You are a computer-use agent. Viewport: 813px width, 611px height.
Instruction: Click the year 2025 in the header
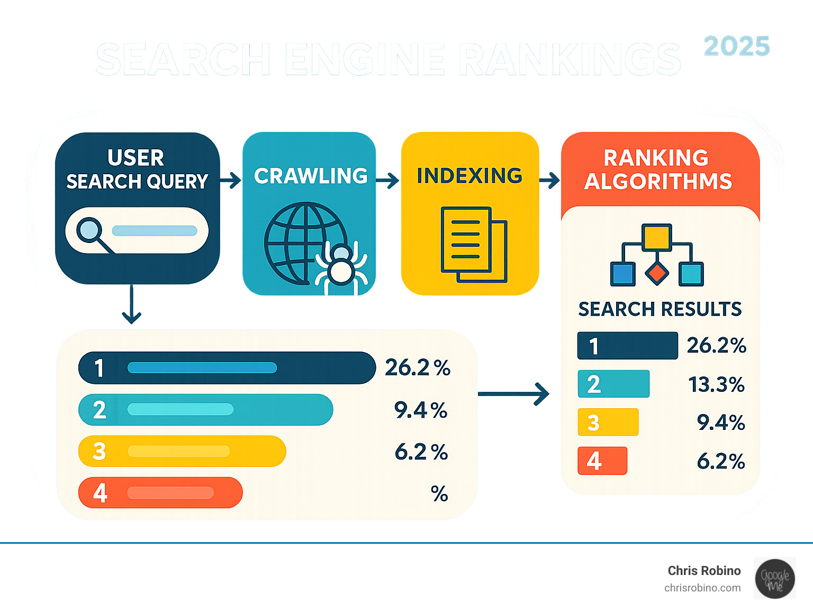click(x=736, y=47)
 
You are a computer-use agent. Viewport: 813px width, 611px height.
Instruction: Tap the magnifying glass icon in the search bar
click(x=89, y=230)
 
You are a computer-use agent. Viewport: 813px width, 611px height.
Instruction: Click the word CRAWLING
click(x=311, y=176)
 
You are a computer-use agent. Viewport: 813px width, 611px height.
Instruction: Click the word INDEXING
click(x=469, y=176)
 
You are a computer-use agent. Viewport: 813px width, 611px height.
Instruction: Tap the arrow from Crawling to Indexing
click(x=388, y=181)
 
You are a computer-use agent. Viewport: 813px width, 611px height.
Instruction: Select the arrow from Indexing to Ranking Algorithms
click(x=549, y=181)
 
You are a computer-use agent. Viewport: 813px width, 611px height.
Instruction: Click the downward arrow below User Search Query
click(x=131, y=304)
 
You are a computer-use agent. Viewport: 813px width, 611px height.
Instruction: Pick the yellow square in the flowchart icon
click(x=657, y=237)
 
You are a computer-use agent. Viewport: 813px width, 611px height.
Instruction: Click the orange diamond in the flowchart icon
click(x=657, y=273)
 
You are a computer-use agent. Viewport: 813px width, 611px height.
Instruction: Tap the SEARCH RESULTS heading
click(x=660, y=309)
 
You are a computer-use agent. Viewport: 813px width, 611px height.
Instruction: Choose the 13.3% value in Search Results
click(x=716, y=384)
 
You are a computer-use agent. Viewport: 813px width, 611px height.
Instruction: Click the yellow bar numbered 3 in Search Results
click(x=608, y=422)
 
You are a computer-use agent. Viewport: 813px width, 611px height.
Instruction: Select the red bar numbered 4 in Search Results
click(x=602, y=461)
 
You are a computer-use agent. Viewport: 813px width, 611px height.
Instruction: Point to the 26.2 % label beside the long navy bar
click(x=417, y=367)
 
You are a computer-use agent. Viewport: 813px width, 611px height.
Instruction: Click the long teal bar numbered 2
click(x=205, y=410)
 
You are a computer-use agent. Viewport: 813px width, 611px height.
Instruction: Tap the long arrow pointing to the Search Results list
click(x=513, y=394)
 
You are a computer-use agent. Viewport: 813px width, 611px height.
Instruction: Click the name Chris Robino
click(x=704, y=571)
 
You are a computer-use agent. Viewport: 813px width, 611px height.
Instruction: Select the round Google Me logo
click(x=775, y=579)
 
